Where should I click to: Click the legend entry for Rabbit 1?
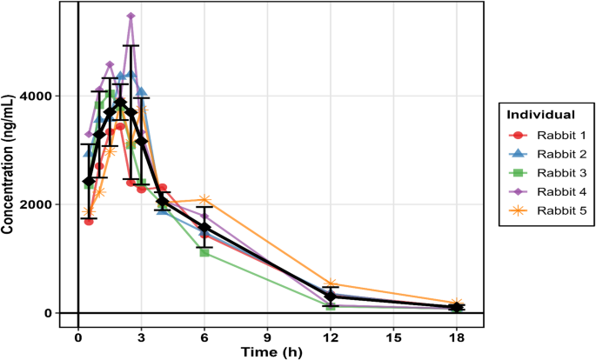coord(543,136)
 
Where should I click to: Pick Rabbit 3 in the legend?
coord(543,173)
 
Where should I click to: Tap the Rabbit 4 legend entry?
coord(543,191)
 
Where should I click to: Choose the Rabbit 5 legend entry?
coord(543,210)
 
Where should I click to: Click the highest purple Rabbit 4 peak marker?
coord(131,16)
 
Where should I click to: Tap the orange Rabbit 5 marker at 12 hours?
coord(331,284)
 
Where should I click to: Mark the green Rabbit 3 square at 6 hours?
coord(204,252)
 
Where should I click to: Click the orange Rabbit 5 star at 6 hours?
coord(204,200)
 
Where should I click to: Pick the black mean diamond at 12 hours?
coord(331,297)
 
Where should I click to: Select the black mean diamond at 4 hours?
coord(162,202)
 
